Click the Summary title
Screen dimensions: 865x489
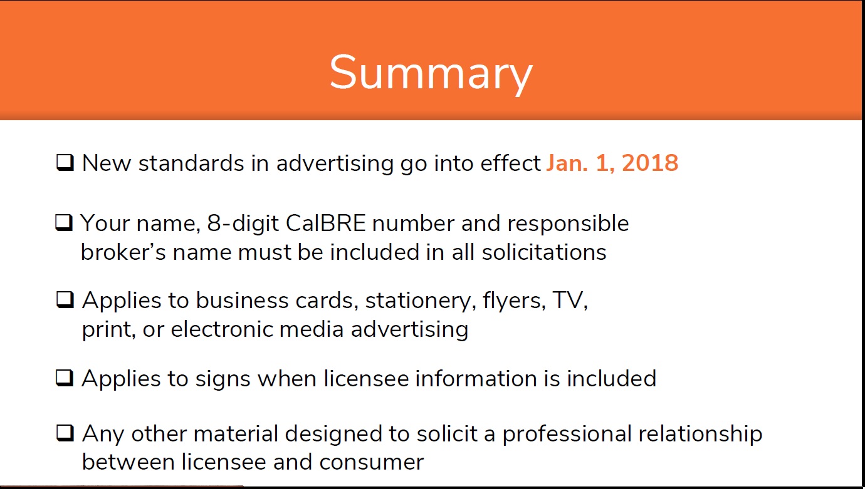pyautogui.click(x=431, y=73)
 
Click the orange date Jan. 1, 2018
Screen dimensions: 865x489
pyautogui.click(x=612, y=163)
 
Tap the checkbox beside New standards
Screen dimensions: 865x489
pyautogui.click(x=65, y=162)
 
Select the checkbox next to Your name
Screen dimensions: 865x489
pyautogui.click(x=64, y=223)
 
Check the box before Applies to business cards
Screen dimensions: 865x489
pyautogui.click(x=65, y=300)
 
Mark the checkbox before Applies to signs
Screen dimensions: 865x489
pyautogui.click(x=65, y=378)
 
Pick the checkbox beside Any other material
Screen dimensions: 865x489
pyautogui.click(x=65, y=433)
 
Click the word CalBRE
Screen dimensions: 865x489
pyautogui.click(x=325, y=224)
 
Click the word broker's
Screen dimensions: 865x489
pyautogui.click(x=123, y=252)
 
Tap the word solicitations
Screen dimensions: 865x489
pyautogui.click(x=544, y=252)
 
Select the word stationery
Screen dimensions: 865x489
pyautogui.click(x=421, y=301)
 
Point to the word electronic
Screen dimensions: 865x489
pyautogui.click(x=222, y=329)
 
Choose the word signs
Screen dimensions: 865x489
pyautogui.click(x=223, y=379)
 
